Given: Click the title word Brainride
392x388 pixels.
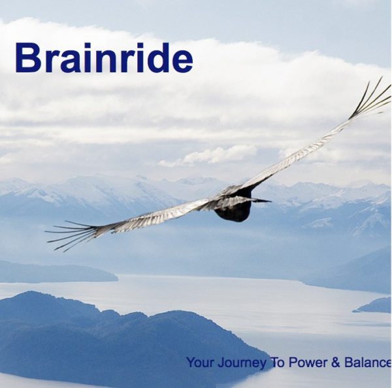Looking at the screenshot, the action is (104, 58).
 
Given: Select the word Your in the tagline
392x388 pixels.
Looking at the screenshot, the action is (201, 363).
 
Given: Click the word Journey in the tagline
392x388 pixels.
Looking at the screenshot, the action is (242, 364).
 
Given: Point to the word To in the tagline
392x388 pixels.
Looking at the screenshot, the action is (278, 363).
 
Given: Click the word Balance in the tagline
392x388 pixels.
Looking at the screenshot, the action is (367, 363).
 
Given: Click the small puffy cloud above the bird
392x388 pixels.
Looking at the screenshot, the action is (209, 155).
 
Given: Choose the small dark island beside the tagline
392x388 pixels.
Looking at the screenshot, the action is (374, 306).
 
